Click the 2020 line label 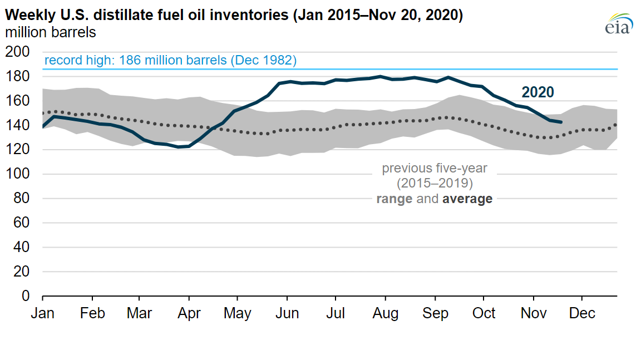coord(537,92)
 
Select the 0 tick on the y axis coord(25,296)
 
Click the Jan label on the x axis coord(42,313)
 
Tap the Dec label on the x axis coord(583,313)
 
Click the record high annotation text coord(170,60)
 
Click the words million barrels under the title coord(51,32)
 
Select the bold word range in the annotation coord(395,199)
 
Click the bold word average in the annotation coord(467,199)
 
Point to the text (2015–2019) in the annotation coord(435,183)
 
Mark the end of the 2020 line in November coord(562,122)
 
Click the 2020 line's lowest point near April coord(179,147)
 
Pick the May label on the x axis coord(237,313)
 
